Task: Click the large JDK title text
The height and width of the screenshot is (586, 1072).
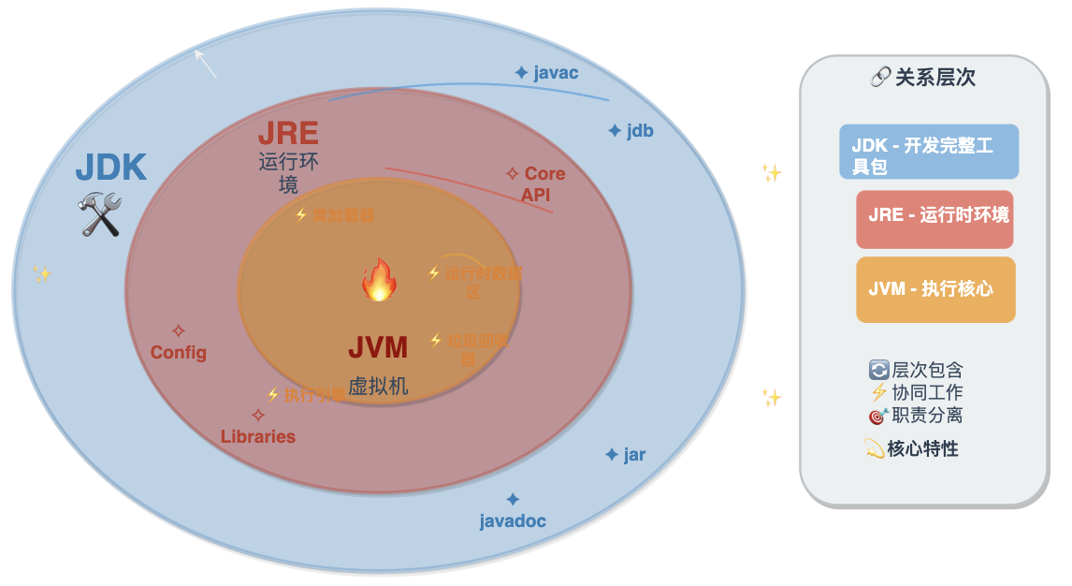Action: click(110, 168)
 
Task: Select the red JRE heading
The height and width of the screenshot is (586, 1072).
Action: click(288, 134)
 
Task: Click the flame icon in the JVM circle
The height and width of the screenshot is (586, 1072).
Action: click(379, 280)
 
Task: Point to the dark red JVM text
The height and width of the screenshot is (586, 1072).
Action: click(378, 348)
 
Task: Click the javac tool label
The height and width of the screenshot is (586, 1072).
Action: click(546, 73)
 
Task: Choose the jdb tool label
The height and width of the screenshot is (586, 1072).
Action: click(630, 131)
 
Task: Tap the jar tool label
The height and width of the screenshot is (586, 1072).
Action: click(626, 456)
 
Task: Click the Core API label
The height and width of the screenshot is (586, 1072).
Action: click(537, 184)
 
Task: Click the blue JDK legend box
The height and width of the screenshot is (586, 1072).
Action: click(928, 152)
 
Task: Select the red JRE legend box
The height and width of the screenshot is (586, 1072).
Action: click(934, 219)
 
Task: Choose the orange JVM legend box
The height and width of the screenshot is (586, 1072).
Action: click(935, 289)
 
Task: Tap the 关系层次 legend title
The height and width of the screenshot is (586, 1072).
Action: click(923, 78)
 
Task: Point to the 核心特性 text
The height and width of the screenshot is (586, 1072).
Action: click(912, 449)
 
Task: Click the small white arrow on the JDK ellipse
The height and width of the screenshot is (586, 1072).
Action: click(205, 64)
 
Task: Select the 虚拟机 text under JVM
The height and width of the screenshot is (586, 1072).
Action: click(378, 386)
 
